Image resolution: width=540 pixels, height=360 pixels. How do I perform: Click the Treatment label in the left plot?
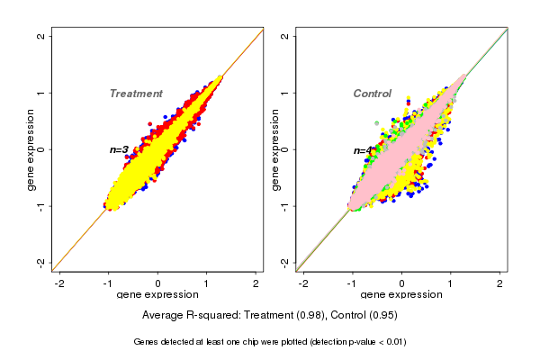pyautogui.click(x=136, y=94)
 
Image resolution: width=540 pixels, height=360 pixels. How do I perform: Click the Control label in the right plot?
pyautogui.click(x=373, y=94)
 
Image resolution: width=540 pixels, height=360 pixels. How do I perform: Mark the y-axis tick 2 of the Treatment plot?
pyautogui.click(x=41, y=37)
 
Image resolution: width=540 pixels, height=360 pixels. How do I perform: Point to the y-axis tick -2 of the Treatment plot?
pyautogui.click(x=41, y=262)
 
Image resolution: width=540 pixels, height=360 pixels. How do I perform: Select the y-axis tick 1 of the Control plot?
pyautogui.click(x=285, y=93)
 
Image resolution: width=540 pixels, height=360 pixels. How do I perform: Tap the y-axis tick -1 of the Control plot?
pyautogui.click(x=285, y=205)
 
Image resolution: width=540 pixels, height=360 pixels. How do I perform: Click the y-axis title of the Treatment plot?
pyautogui.click(x=31, y=149)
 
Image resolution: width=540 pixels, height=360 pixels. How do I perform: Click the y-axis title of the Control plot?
pyautogui.click(x=274, y=149)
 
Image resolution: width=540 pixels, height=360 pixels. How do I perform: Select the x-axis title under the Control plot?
pyautogui.click(x=401, y=295)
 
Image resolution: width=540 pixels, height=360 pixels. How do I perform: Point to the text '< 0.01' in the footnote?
pyautogui.click(x=389, y=342)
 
